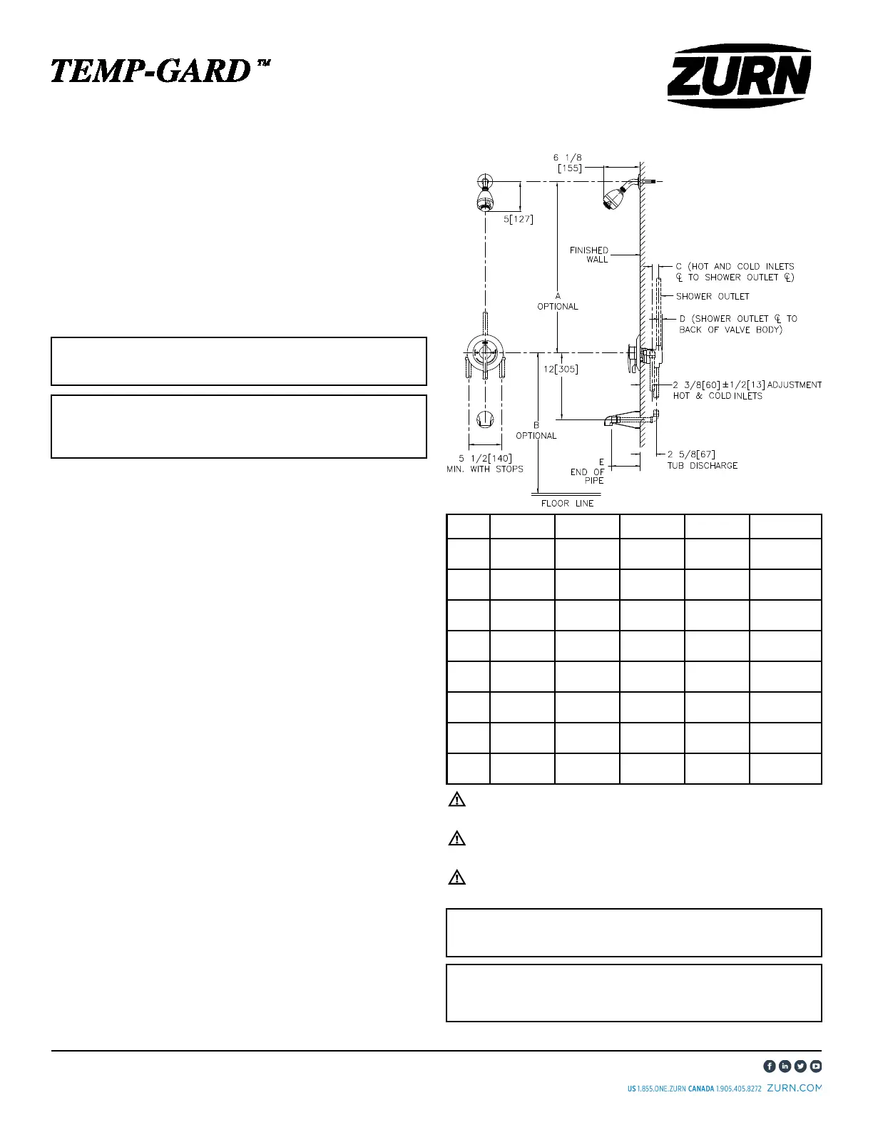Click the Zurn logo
click(739, 77)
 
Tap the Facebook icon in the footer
click(770, 1066)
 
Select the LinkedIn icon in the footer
click(785, 1066)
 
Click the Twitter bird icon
click(800, 1066)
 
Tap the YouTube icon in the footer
click(816, 1066)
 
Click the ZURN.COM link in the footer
click(794, 1089)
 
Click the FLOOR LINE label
click(567, 503)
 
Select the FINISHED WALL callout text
click(589, 255)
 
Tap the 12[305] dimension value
click(561, 370)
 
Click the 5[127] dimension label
click(519, 219)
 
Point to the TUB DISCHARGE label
click(702, 466)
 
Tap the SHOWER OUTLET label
click(713, 296)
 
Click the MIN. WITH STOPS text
click(485, 469)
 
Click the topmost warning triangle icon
click(456, 800)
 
